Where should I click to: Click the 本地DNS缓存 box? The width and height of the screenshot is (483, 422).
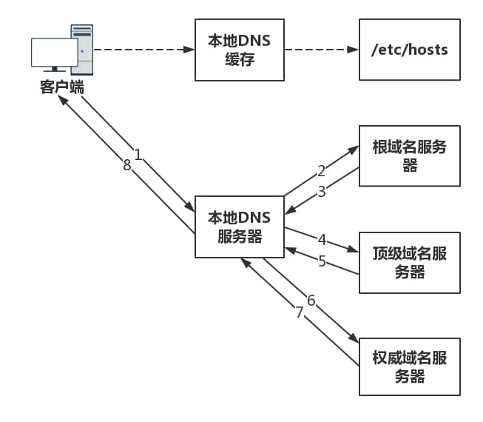240,50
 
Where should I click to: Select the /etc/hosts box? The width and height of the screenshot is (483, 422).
409,50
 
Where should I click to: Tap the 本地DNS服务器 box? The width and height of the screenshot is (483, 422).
240,227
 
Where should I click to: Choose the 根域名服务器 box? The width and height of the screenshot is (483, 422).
409,156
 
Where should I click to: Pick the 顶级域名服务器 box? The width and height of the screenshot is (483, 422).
409,263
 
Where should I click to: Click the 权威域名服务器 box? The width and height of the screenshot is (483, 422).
409,366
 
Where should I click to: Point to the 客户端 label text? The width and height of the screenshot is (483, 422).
61,87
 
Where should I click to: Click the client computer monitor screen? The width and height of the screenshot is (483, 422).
54,52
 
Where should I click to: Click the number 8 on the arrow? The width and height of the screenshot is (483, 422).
126,166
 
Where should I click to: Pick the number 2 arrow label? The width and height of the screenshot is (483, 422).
321,171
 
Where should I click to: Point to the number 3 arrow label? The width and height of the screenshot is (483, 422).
321,192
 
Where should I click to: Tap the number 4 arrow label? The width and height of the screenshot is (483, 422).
322,240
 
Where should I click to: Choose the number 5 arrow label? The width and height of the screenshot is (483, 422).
322,261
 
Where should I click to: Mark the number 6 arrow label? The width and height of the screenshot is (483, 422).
311,300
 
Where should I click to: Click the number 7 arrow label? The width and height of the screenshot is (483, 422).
300,312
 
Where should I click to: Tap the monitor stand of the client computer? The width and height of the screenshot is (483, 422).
55,72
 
